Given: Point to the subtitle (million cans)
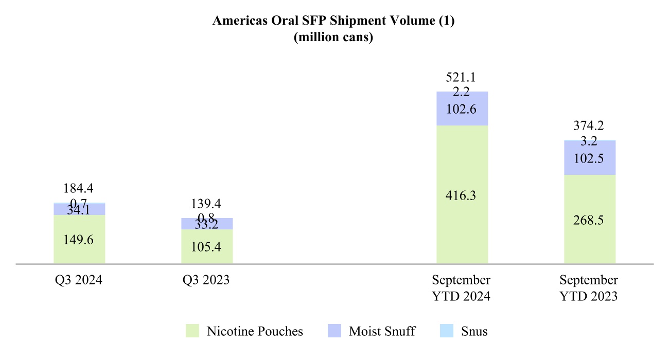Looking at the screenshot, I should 333,38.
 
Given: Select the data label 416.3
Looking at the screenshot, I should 462,196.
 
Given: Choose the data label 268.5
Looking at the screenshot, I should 590,220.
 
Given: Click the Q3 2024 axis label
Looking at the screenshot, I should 79,281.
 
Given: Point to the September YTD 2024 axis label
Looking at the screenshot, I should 461,289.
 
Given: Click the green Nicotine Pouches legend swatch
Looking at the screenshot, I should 192,331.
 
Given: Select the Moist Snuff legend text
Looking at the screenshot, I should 382,331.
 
